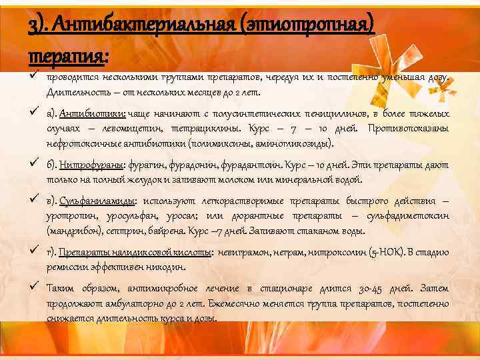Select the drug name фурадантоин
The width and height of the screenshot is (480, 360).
point(254,165)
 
